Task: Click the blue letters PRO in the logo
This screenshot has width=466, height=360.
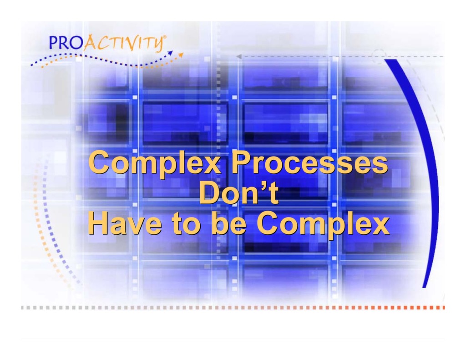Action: point(65,43)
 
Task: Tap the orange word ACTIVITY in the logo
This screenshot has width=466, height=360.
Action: point(123,44)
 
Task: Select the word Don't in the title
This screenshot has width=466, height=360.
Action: point(238,194)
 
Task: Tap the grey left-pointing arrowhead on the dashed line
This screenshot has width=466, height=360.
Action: point(238,57)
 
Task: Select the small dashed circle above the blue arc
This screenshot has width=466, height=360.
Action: point(379,55)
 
